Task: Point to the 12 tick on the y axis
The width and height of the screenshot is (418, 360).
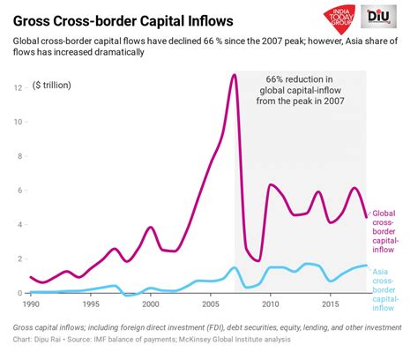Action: pyautogui.click(x=18, y=88)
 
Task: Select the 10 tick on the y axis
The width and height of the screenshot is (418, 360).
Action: pyautogui.click(x=18, y=123)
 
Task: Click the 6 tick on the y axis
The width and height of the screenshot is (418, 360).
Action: pyautogui.click(x=20, y=191)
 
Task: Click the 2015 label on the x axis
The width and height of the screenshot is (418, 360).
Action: pyautogui.click(x=331, y=304)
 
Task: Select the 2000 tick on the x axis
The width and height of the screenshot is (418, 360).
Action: pyautogui.click(x=152, y=304)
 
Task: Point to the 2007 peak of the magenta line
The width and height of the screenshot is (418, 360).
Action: pyautogui.click(x=234, y=75)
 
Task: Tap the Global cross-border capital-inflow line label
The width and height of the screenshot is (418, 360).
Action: pyautogui.click(x=390, y=232)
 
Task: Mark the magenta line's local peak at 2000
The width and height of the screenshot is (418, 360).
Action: pyautogui.click(x=151, y=228)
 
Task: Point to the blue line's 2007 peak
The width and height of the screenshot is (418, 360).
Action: pyautogui.click(x=234, y=267)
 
